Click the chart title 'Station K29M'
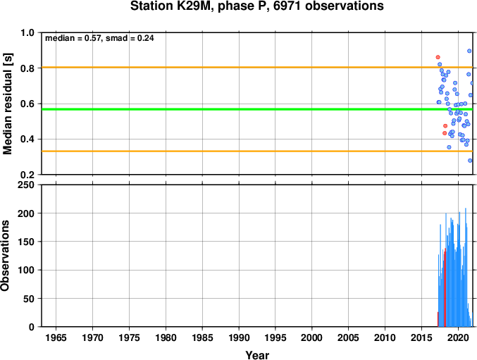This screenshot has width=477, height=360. (x=170, y=6)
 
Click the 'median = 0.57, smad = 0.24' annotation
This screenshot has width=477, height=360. (x=99, y=38)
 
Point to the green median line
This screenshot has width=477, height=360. (x=257, y=109)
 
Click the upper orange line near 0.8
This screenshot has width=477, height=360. (x=257, y=67)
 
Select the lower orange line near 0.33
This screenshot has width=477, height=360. (x=257, y=151)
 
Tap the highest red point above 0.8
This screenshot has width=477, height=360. (x=438, y=57)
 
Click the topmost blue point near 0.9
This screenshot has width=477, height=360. (x=469, y=51)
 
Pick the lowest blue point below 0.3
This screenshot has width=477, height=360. (x=470, y=161)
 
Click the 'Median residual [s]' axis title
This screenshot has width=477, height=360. (x=7, y=104)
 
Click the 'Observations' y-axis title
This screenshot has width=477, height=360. (x=5, y=256)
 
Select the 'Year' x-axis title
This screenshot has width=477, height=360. (x=257, y=355)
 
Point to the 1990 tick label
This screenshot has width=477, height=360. (x=239, y=337)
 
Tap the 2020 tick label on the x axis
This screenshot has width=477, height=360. (x=458, y=337)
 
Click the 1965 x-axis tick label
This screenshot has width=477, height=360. (x=56, y=337)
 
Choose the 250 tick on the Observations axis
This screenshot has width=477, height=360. (x=26, y=185)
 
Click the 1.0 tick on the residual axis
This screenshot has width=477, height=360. (x=27, y=32)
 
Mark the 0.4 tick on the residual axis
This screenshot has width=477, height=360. (x=27, y=139)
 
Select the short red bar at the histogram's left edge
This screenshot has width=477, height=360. (x=438, y=319)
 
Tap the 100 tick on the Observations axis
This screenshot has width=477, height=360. (x=26, y=271)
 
